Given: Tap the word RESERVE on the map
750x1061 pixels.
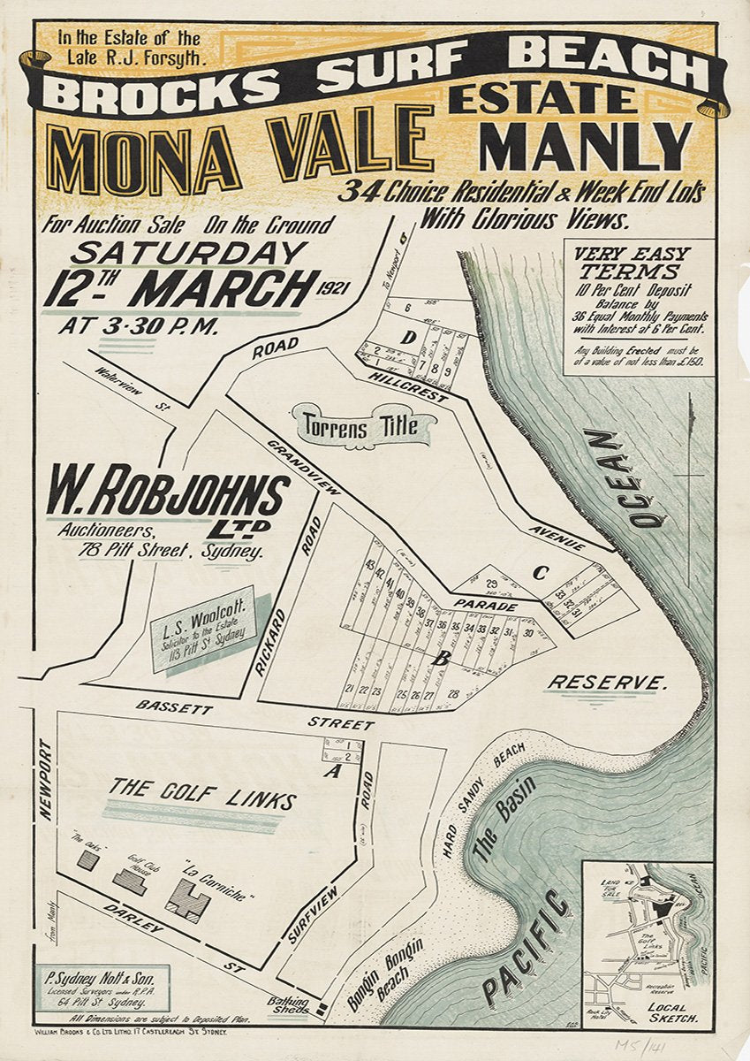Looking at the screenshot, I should coord(605,683).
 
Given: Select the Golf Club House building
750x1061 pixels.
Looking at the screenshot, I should coord(129,881).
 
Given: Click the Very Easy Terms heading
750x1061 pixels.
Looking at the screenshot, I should coord(626,263).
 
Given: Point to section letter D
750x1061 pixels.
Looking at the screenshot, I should coord(407,336).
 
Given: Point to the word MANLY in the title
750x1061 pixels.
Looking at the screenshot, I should coord(586,146).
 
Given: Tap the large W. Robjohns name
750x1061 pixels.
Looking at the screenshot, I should coord(168,495).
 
